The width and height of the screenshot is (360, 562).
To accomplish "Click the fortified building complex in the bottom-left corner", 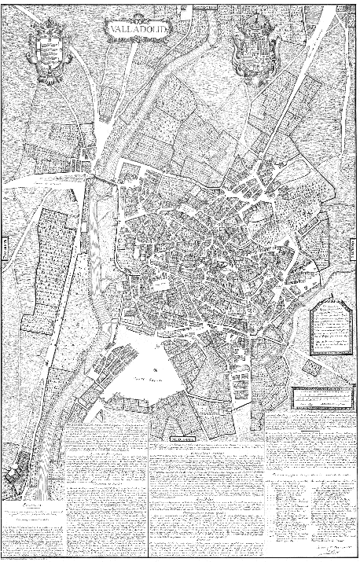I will pyautogui.click(x=20, y=476).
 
